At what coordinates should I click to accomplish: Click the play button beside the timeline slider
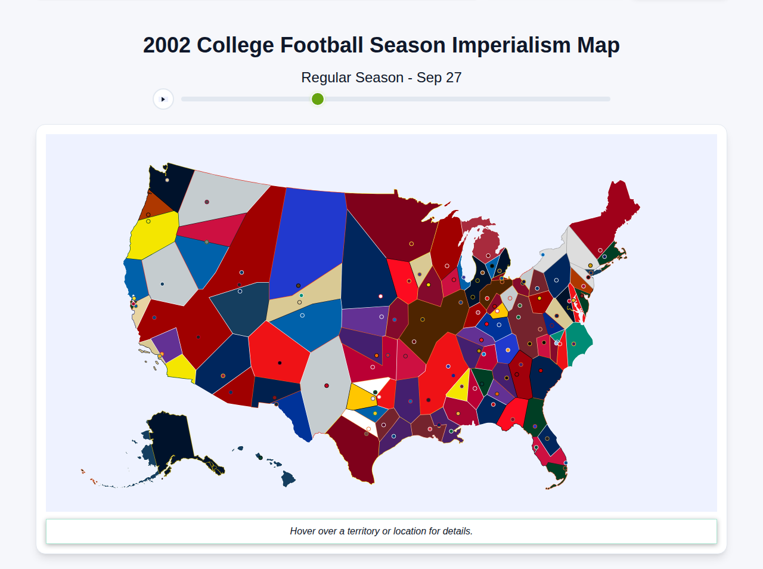(x=163, y=99)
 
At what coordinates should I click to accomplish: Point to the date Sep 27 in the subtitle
(x=439, y=78)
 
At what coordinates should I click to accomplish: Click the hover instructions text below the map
(x=381, y=531)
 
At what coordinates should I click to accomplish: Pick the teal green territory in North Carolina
(x=578, y=346)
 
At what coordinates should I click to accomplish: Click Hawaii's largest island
(x=289, y=478)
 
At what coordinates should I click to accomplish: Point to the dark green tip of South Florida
(x=558, y=471)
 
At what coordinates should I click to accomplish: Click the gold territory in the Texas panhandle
(x=359, y=397)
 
